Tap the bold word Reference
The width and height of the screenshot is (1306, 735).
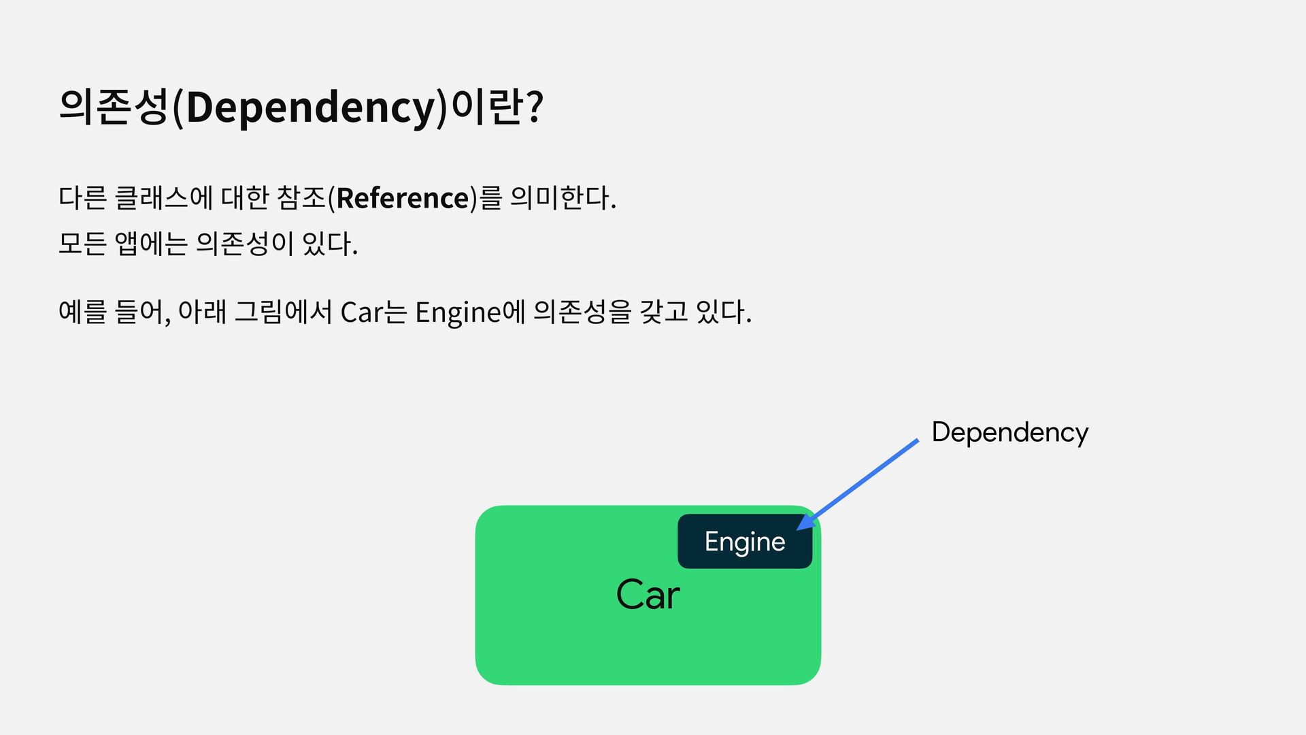coord(402,198)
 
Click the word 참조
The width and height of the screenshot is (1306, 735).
coord(302,198)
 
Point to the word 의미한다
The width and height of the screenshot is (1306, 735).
coord(563,198)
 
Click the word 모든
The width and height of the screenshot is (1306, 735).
coord(82,244)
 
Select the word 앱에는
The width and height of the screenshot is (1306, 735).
coord(151,244)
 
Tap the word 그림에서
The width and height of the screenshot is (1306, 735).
coord(283,312)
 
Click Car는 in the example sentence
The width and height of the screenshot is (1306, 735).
coord(373,312)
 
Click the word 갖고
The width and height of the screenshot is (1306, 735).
coord(664,312)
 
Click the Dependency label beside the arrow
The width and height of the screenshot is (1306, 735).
coord(1009,433)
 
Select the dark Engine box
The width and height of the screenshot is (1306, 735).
coord(744,542)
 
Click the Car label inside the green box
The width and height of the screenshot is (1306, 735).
coord(648,595)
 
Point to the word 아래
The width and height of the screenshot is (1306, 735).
coord(201,312)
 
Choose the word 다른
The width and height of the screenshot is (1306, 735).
coord(82,198)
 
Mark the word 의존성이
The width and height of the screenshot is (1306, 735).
coord(244,244)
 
